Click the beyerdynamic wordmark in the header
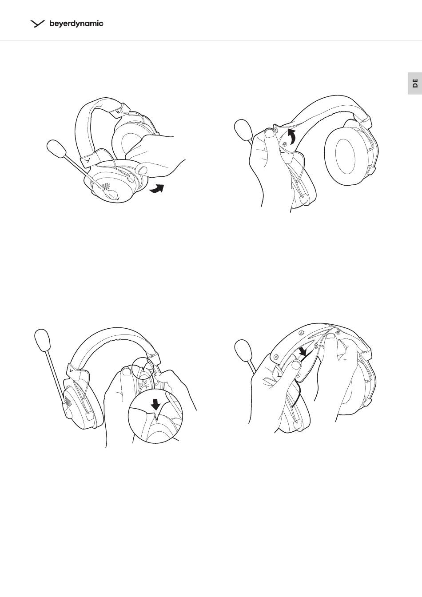[76, 24]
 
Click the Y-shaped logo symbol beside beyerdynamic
[38, 24]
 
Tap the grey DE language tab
[415, 83]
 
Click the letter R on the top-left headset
[118, 112]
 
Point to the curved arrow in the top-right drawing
[292, 136]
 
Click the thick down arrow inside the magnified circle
[155, 406]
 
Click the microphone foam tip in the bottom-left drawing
[43, 340]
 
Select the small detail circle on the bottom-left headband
[144, 368]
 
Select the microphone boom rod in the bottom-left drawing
[56, 377]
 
